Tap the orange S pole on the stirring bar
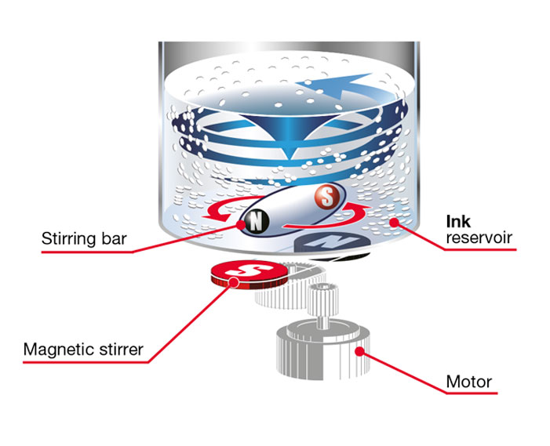coord(324,196)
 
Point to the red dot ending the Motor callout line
coord(361,350)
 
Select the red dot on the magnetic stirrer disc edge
coord(232,285)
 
